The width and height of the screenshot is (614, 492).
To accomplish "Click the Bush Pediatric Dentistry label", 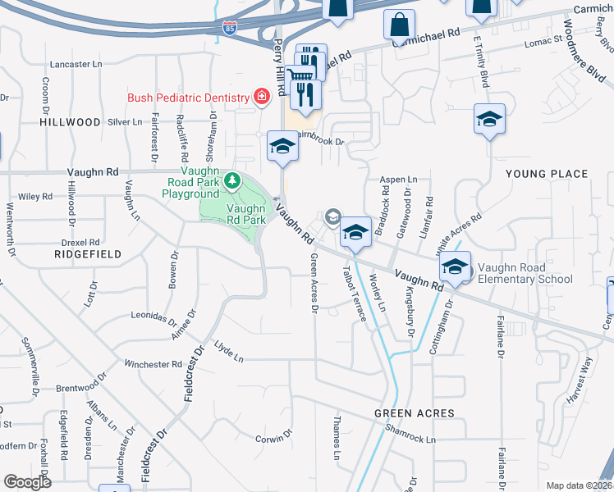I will pyautogui.click(x=188, y=98).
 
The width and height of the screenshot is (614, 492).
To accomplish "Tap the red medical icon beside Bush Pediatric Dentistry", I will pyautogui.click(x=262, y=98).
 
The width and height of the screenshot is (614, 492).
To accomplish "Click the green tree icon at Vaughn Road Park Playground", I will pyautogui.click(x=232, y=179).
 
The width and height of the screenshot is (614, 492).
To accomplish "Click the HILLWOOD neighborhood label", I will pyautogui.click(x=70, y=121).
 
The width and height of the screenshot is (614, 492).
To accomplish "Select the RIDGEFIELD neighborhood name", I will pyautogui.click(x=87, y=254).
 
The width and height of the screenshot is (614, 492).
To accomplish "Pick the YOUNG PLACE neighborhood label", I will pyautogui.click(x=547, y=174).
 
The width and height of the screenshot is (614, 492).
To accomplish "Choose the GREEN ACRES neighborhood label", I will pyautogui.click(x=404, y=413).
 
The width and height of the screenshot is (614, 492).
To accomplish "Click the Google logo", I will pyautogui.click(x=27, y=481).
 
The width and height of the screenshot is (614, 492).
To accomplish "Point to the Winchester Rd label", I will pyautogui.click(x=153, y=363).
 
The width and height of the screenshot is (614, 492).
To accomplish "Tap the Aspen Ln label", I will pyautogui.click(x=398, y=179).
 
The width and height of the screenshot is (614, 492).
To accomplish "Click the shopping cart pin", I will pyautogui.click(x=303, y=75).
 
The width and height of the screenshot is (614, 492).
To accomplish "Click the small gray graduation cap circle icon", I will pyautogui.click(x=333, y=216).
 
